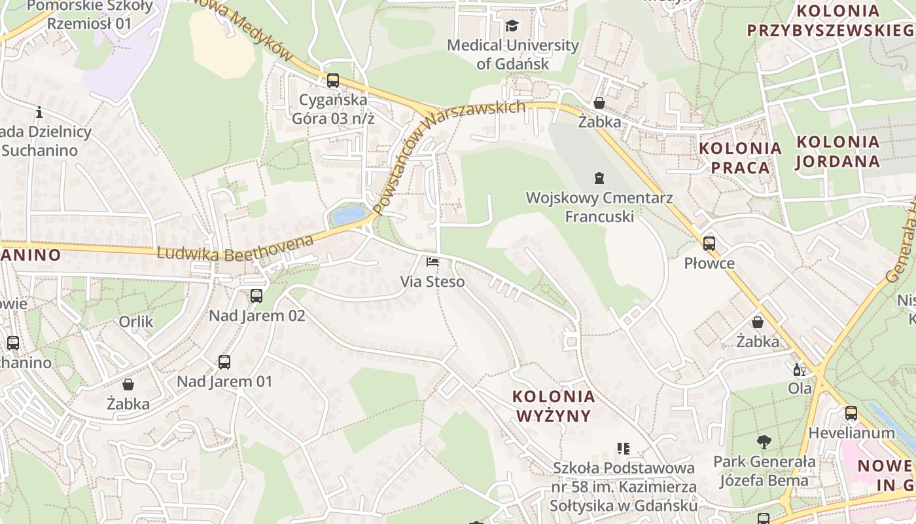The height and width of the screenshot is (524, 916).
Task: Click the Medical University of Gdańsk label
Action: click(x=513, y=54)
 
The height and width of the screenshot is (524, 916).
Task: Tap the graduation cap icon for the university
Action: click(x=512, y=26)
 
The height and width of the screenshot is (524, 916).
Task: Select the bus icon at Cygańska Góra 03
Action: click(x=333, y=81)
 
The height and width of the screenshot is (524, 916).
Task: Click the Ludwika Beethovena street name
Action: click(x=236, y=248)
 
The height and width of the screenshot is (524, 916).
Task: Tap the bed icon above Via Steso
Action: click(x=432, y=262)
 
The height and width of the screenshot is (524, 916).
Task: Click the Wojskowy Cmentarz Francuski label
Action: click(x=599, y=206)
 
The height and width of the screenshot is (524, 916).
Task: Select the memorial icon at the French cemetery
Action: click(x=599, y=178)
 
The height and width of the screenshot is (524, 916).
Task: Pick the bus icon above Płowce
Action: click(x=709, y=244)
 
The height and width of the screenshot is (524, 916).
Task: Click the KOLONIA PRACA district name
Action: click(x=741, y=158)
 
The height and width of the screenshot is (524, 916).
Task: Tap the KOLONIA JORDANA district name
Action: click(x=838, y=151)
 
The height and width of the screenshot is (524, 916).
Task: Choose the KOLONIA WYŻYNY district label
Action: click(x=554, y=406)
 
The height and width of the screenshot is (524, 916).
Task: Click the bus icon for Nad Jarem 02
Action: click(x=256, y=296)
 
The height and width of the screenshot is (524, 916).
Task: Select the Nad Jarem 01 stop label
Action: click(x=224, y=381)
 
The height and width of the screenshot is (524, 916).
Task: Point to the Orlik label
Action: click(x=136, y=322)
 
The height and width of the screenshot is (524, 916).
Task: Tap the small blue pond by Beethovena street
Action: click(x=349, y=215)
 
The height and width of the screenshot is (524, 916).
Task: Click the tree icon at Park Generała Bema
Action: click(x=764, y=442)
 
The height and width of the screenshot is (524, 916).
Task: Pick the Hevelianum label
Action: click(x=851, y=433)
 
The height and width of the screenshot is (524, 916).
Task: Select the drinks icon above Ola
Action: click(x=799, y=369)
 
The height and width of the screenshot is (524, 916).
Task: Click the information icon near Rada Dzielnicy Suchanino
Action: click(x=39, y=112)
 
